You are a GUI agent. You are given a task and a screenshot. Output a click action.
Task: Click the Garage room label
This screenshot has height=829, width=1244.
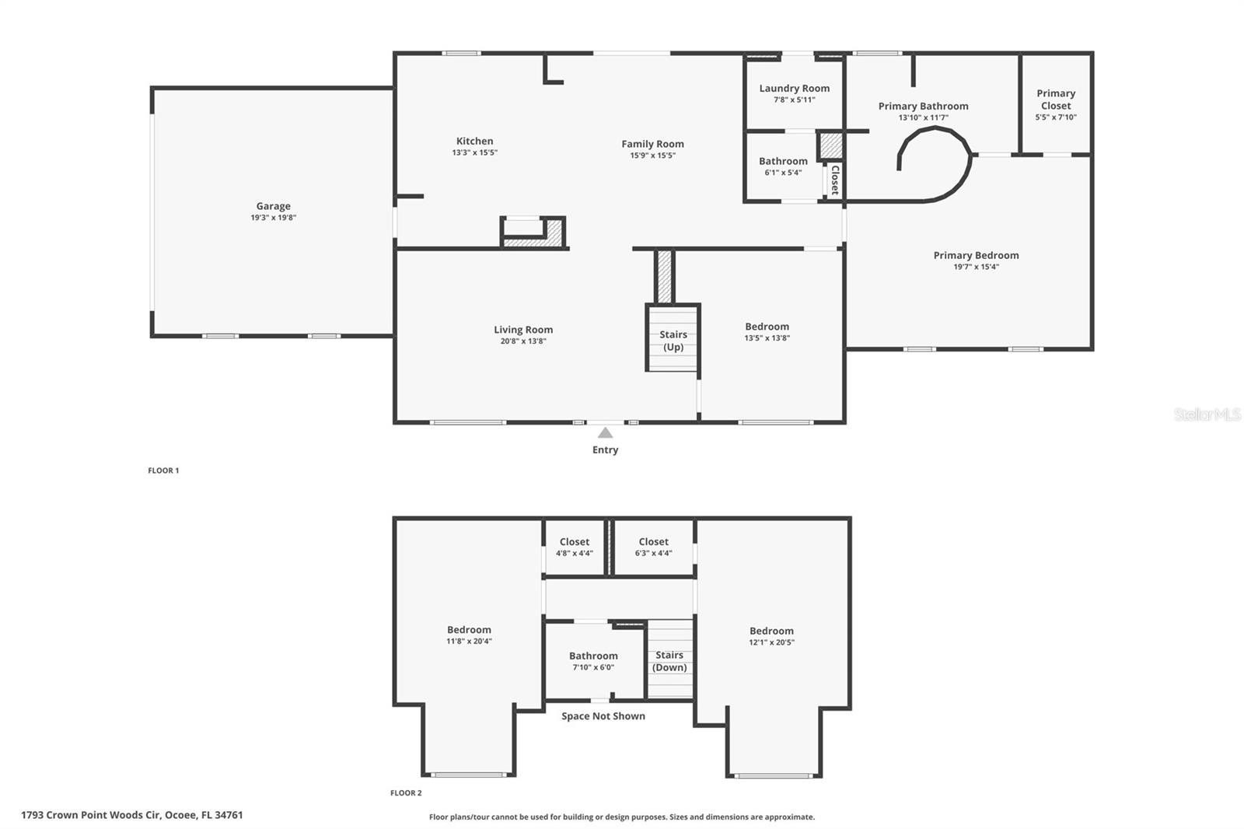(273, 206)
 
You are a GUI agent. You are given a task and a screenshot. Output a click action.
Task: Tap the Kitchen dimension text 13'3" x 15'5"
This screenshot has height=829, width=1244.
(474, 152)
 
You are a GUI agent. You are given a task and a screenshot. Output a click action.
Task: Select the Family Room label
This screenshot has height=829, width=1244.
(652, 144)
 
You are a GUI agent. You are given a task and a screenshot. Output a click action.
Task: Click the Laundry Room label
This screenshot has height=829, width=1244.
(794, 89)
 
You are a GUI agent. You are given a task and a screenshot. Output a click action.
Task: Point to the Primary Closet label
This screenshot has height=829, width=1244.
(1055, 100)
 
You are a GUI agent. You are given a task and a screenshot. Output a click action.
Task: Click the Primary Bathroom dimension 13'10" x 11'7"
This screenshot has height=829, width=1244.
(923, 117)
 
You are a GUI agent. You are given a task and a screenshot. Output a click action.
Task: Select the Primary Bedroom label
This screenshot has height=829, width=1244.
(976, 255)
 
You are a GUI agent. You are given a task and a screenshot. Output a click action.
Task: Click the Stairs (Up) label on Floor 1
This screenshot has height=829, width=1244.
(673, 341)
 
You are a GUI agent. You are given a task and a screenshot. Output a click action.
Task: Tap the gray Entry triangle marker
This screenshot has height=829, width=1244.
(605, 432)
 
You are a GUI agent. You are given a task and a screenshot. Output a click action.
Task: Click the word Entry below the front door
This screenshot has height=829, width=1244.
(605, 449)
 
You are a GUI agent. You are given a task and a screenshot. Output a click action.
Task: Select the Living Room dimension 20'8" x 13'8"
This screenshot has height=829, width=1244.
(523, 341)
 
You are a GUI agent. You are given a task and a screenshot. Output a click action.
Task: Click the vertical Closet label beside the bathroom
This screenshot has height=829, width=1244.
(834, 179)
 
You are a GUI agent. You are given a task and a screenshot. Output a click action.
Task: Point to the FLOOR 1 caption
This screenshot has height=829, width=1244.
(163, 470)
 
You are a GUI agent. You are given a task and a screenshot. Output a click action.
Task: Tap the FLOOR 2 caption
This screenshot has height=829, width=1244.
(406, 793)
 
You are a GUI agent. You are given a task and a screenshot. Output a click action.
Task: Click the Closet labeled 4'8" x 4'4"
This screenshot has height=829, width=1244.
(574, 547)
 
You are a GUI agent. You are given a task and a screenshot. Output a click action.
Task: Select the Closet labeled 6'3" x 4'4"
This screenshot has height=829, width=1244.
(653, 547)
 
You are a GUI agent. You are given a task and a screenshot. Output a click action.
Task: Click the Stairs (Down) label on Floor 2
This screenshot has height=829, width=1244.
(669, 661)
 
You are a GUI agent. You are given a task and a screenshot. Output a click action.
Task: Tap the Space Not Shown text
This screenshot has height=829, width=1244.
(603, 716)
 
